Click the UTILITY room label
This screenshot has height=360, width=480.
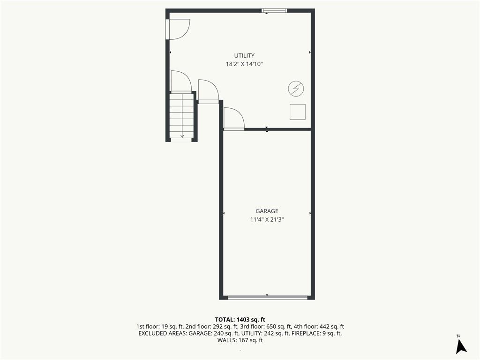pyautogui.click(x=244, y=55)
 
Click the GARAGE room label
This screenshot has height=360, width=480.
pyautogui.click(x=267, y=211)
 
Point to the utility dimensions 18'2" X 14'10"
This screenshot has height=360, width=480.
pyautogui.click(x=244, y=64)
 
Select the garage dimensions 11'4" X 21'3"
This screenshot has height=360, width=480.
pyautogui.click(x=267, y=219)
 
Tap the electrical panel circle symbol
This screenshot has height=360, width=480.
pyautogui.click(x=296, y=89)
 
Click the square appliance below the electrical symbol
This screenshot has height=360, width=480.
pyautogui.click(x=298, y=112)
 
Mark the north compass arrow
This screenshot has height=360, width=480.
pyautogui.click(x=461, y=346)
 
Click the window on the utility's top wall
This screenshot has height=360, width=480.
pyautogui.click(x=274, y=11)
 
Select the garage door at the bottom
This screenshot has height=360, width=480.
pyautogui.click(x=268, y=297)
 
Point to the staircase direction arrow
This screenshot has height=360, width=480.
pyautogui.click(x=182, y=116)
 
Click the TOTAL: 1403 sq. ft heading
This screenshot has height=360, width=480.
pyautogui.click(x=240, y=320)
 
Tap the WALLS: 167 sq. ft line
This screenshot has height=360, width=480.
pyautogui.click(x=240, y=340)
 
